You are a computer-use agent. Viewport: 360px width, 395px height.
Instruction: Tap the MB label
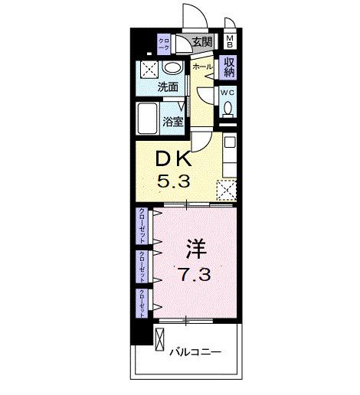point(230,41)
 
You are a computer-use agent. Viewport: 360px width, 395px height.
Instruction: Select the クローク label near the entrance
point(163,44)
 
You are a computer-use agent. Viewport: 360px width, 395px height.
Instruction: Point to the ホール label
point(201,67)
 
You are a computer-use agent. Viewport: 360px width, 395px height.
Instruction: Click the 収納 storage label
point(229,67)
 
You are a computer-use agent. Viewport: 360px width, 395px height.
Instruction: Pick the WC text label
point(228,92)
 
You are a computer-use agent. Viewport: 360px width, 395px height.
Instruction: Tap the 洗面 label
point(168,87)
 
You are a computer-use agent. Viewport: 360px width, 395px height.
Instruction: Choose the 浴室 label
point(173,121)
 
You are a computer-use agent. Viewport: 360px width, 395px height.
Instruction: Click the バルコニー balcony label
point(196,351)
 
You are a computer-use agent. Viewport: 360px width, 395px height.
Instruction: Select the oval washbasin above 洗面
point(174,69)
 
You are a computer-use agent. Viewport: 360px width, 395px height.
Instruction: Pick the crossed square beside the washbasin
point(149,69)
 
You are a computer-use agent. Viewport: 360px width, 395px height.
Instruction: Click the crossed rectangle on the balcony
point(162,338)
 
